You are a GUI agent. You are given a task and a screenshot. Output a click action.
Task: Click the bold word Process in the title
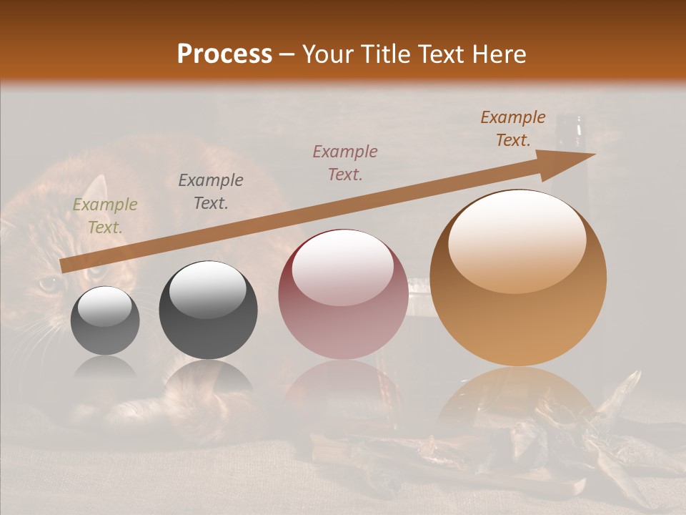click(x=224, y=54)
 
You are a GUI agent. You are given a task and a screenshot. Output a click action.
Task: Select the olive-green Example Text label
click(x=105, y=216)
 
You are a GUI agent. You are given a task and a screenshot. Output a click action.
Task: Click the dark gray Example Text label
click(x=211, y=191)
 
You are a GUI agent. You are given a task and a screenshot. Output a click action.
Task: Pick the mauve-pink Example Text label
click(x=345, y=162)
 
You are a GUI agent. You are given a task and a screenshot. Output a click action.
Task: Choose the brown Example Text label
click(x=513, y=129)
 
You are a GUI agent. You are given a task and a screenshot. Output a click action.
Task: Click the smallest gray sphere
click(x=105, y=320)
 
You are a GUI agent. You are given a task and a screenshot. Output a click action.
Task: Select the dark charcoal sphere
click(x=208, y=310)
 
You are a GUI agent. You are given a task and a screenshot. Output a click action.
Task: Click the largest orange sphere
click(x=518, y=278)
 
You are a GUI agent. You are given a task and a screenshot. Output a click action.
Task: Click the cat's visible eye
click(x=49, y=284)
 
